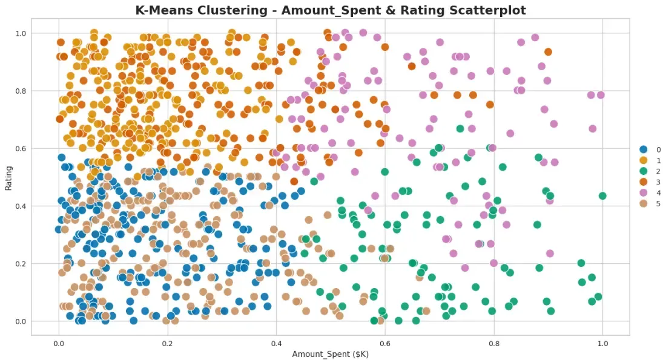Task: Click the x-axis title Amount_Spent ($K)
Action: [330, 353]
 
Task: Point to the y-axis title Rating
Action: [8, 177]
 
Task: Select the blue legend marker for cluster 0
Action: [644, 149]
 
